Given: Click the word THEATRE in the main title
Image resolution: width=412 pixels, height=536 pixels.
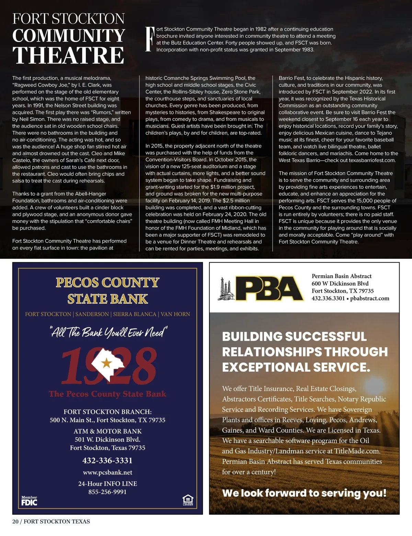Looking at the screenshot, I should pyautogui.click(x=68, y=55).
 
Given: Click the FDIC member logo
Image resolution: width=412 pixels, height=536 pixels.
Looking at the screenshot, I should pyautogui.click(x=29, y=501).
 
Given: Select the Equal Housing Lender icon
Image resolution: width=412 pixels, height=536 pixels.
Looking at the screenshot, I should pyautogui.click(x=188, y=500).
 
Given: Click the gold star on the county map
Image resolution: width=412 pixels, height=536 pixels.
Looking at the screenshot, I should pyautogui.click(x=107, y=362).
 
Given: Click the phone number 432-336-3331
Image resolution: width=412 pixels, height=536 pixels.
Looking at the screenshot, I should pyautogui.click(x=107, y=460).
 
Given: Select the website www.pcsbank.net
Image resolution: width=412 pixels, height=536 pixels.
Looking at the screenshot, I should pyautogui.click(x=107, y=472).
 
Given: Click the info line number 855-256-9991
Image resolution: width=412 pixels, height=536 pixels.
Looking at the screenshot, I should pyautogui.click(x=107, y=492).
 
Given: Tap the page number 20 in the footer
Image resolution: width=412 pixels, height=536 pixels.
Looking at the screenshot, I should pyautogui.click(x=15, y=521).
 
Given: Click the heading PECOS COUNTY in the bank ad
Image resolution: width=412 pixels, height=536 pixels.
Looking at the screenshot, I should pyautogui.click(x=107, y=282).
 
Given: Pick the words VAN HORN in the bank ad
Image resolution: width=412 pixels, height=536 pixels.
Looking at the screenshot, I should pyautogui.click(x=175, y=314).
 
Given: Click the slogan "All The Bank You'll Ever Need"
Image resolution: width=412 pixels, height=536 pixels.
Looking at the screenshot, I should pyautogui.click(x=108, y=332).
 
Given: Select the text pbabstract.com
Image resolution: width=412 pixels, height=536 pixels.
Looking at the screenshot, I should pyautogui.click(x=370, y=298).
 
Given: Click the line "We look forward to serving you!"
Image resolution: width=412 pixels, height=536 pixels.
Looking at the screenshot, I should pyautogui.click(x=304, y=493).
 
